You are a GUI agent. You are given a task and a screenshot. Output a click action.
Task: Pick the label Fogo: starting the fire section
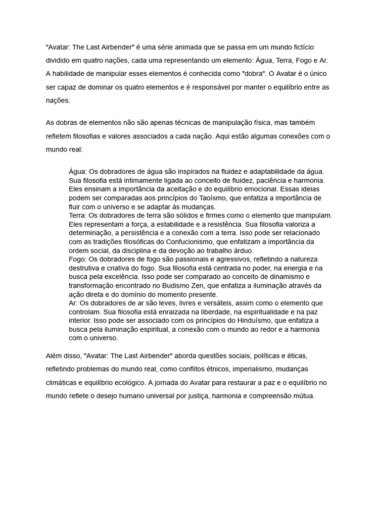tap(78, 259)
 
